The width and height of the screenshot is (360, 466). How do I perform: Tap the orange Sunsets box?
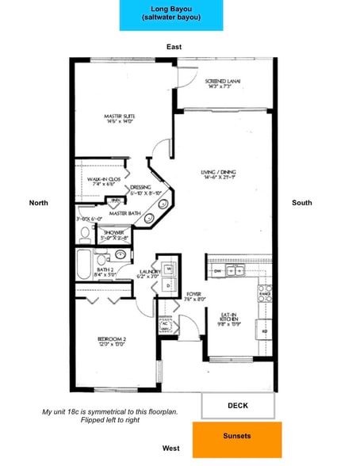237,439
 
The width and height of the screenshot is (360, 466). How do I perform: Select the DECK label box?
237,406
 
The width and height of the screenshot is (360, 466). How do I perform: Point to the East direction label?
174,48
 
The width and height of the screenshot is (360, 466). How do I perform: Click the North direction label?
38,204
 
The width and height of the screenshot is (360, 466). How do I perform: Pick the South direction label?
301,204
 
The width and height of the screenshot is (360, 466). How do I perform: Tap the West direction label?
170,449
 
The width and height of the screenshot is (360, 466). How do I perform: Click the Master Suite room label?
123,120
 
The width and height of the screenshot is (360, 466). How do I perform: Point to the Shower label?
113,234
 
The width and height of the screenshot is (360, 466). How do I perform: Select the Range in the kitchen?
265,294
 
